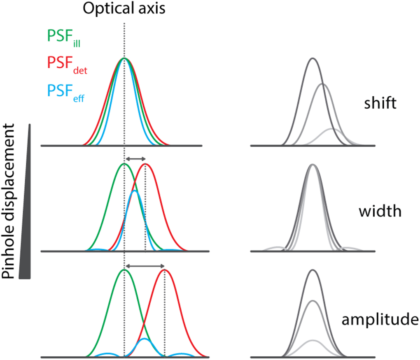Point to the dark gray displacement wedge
click(27, 230)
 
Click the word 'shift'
click(380, 103)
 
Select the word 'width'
click(379, 211)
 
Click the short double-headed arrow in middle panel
click(135, 158)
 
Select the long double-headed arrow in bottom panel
click(145, 266)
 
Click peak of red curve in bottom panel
click(165, 270)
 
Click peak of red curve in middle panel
click(145, 164)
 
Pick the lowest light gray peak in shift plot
click(331, 129)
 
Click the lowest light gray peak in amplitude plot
click(313, 341)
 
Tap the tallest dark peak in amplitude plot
click(313, 270)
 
